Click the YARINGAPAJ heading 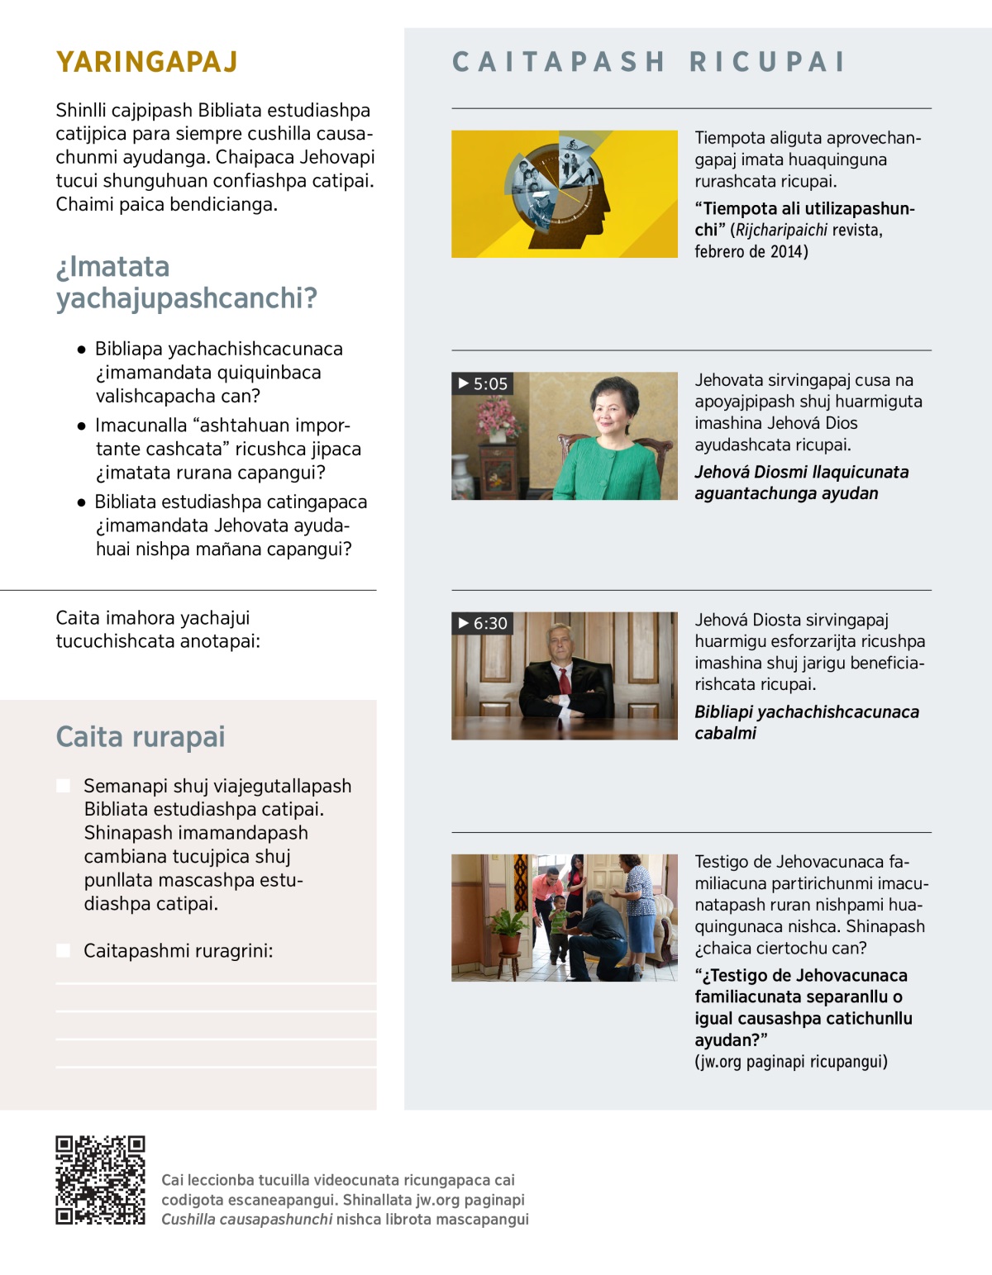146,62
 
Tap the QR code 100,1179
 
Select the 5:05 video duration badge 483,383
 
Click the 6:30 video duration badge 483,623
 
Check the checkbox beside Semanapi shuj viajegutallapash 63,785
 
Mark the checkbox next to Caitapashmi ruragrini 63,950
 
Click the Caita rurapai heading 140,736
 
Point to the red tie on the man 565,682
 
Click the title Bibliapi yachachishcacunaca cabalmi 806,722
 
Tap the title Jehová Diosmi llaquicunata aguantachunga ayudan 800,483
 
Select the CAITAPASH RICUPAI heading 649,62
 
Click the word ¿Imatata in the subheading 112,267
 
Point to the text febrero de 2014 751,251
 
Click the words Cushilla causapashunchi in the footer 246,1219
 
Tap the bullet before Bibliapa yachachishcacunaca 81,350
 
